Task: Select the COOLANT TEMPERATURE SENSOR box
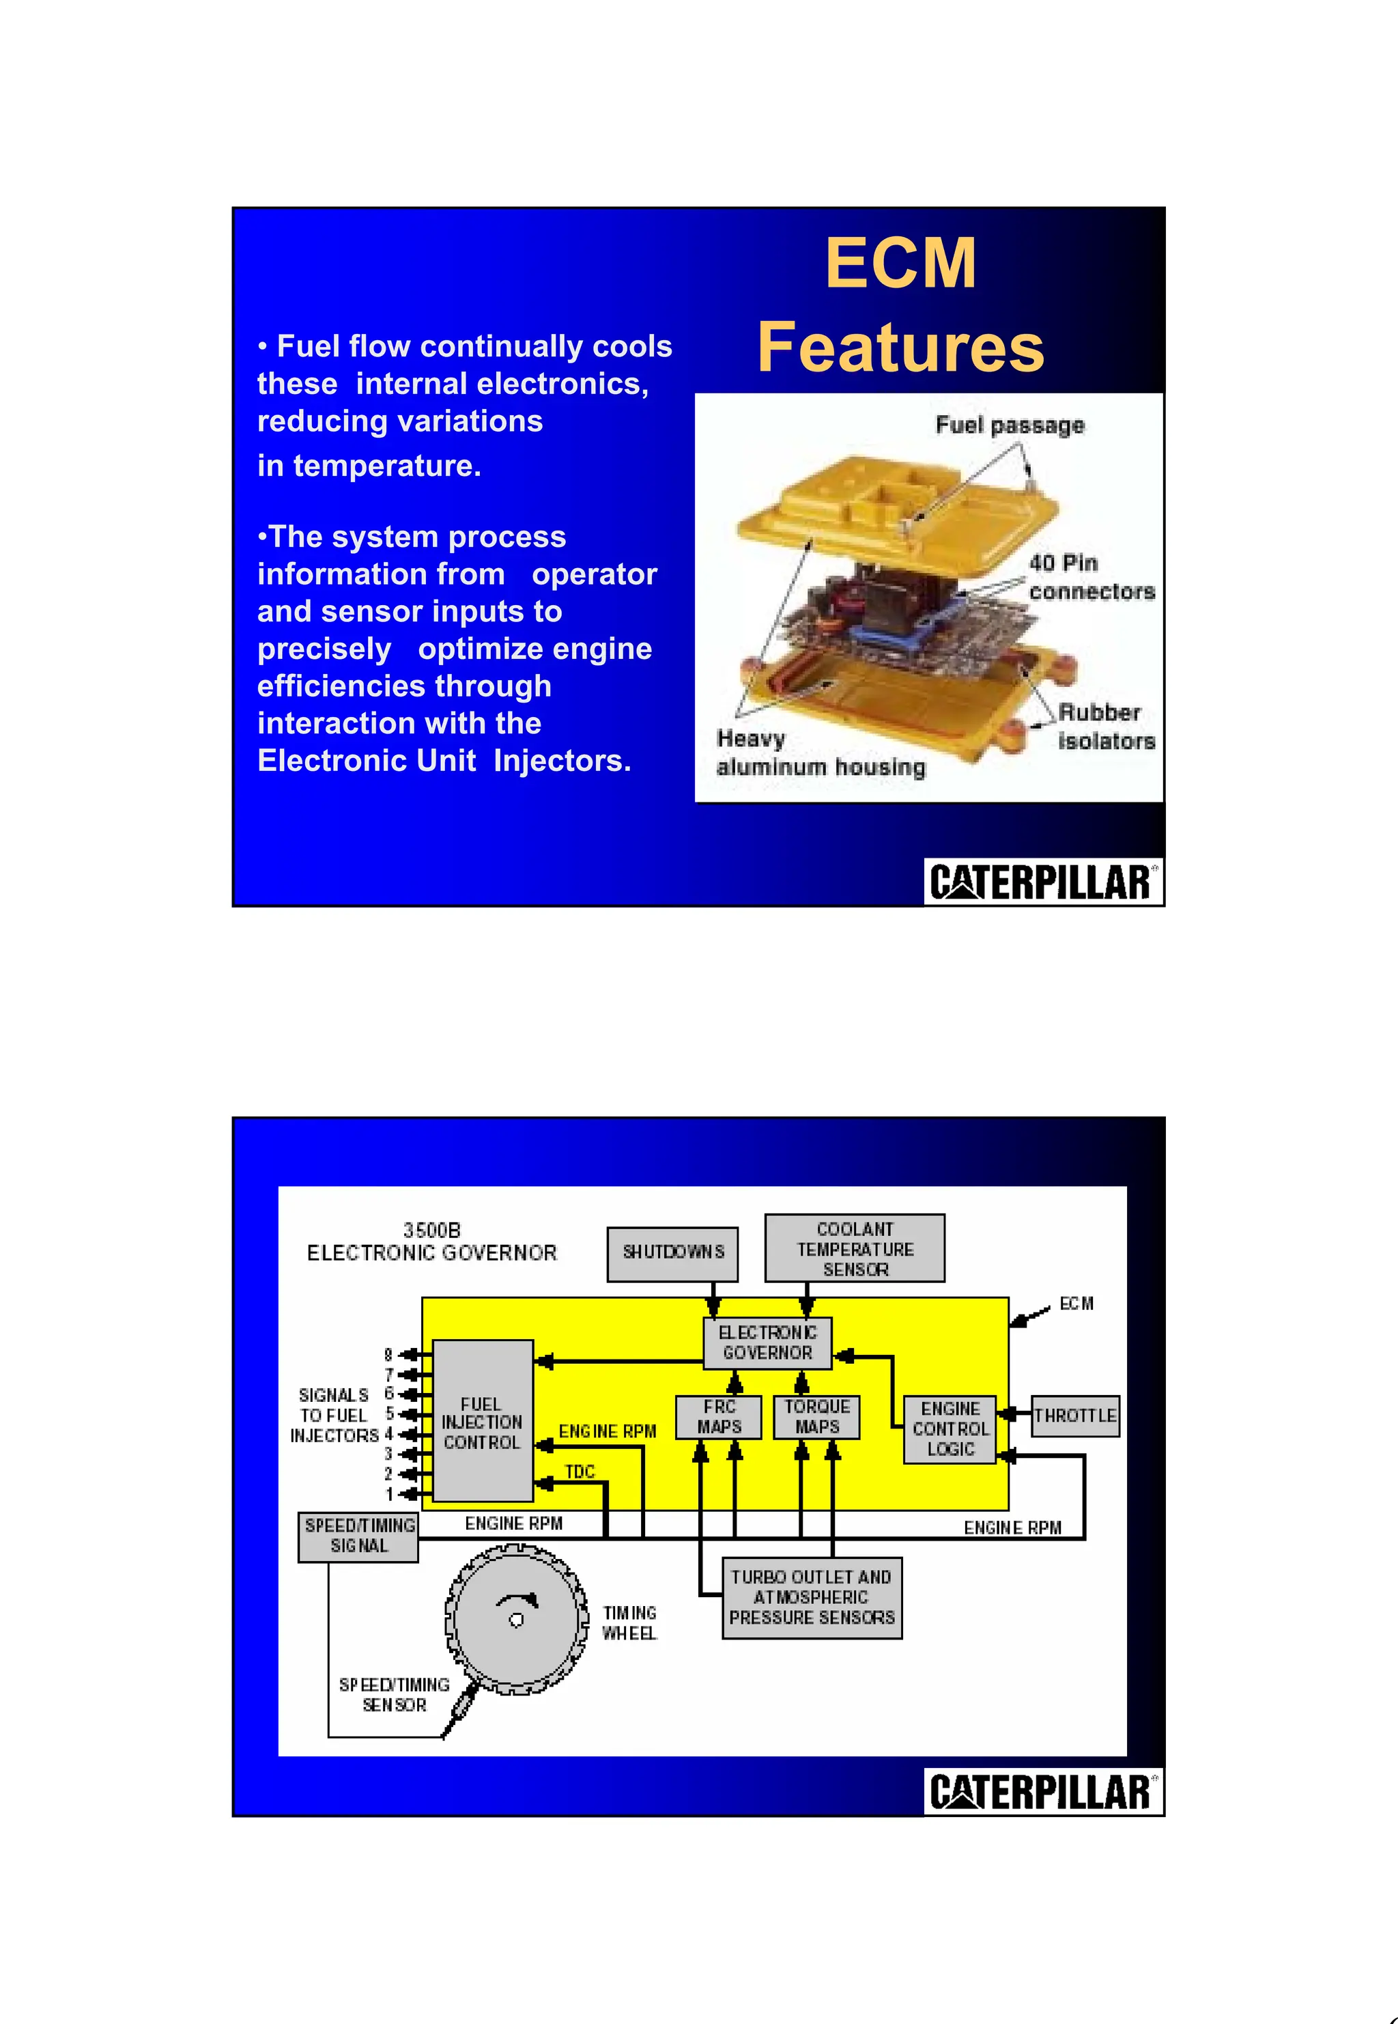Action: tap(854, 1248)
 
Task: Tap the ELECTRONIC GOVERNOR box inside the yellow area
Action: tap(767, 1343)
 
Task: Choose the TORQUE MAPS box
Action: tap(816, 1417)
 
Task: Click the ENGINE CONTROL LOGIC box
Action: tap(950, 1429)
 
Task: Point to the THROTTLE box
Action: tap(1074, 1416)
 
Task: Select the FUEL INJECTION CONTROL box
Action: tap(483, 1423)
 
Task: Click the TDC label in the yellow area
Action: tap(580, 1472)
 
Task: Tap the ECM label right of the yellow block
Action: tap(1076, 1304)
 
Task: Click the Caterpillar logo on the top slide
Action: tap(1042, 882)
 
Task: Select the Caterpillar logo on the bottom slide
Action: tap(1042, 1792)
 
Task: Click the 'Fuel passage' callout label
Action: tap(1009, 426)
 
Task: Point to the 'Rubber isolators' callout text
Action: tap(1105, 727)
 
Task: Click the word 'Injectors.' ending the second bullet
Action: tap(562, 761)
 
